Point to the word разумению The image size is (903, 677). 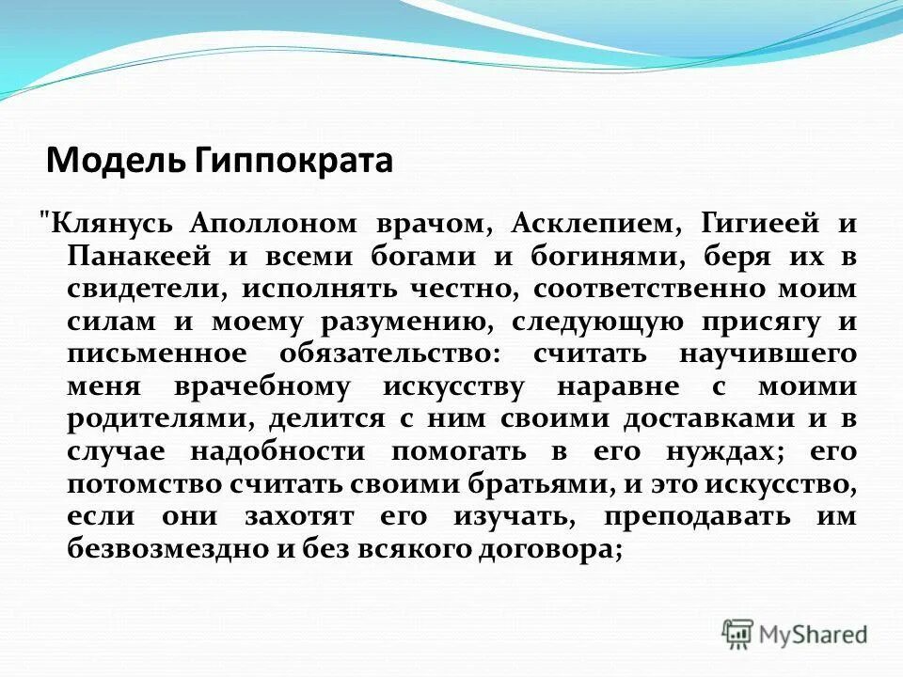[401, 322]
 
